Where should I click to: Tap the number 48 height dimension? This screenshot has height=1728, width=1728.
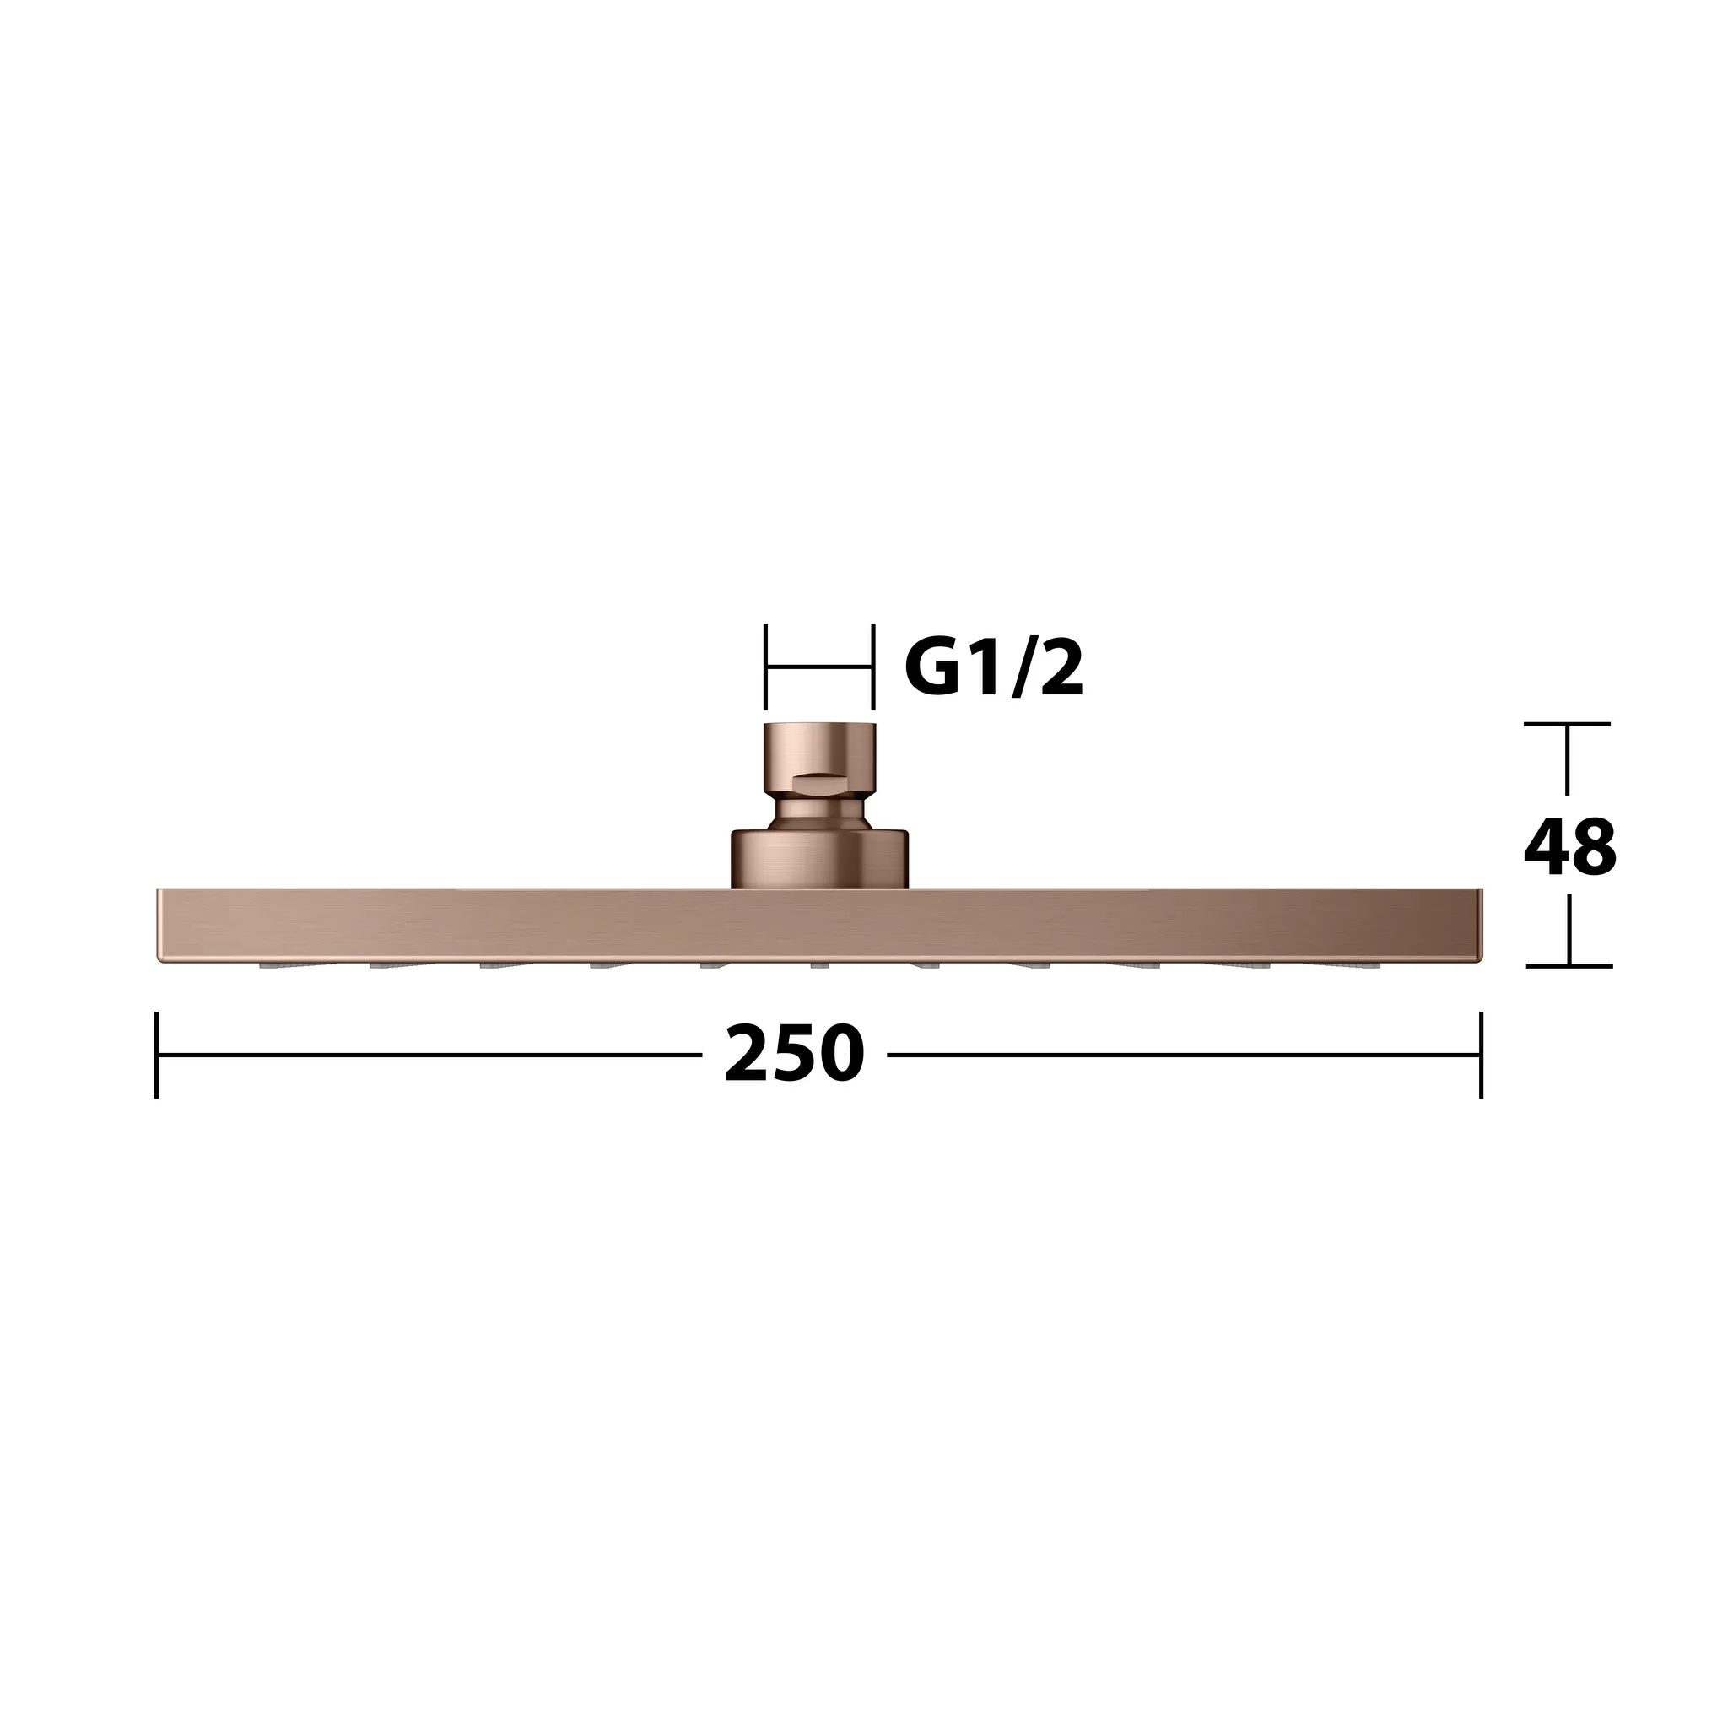(x=1569, y=847)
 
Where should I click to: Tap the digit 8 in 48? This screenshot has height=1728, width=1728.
(x=1593, y=847)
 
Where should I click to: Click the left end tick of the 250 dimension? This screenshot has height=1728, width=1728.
(x=157, y=1055)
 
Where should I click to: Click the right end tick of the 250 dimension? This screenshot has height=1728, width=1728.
(x=1481, y=1055)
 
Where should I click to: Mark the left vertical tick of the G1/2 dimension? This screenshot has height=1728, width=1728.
(x=765, y=667)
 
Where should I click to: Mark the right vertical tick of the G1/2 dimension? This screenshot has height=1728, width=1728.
(x=872, y=667)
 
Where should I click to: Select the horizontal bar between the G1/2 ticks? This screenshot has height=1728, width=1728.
(x=818, y=667)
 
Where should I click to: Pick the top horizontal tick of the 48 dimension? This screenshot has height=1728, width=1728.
(x=1567, y=724)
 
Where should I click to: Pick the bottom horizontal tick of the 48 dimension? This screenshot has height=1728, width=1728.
(x=1569, y=966)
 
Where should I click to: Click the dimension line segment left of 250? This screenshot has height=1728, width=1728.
(x=429, y=1055)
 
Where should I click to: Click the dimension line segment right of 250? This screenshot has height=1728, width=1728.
(x=1180, y=1055)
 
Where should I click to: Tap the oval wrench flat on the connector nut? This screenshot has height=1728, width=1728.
(x=820, y=784)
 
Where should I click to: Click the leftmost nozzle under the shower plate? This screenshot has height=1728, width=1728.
(x=273, y=966)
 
